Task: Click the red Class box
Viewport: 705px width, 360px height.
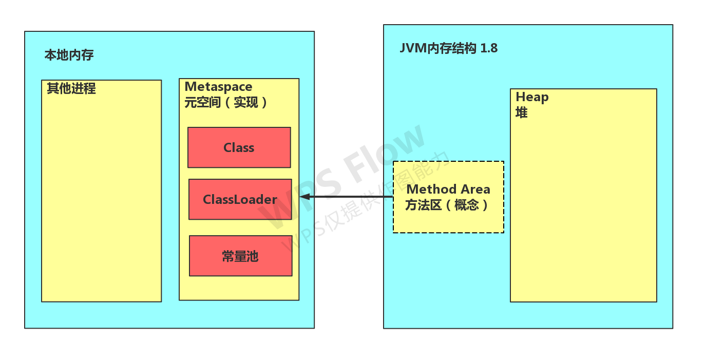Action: click(x=239, y=147)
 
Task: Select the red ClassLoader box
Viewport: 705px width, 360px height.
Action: click(x=240, y=199)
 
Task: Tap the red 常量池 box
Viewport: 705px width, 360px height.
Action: click(x=240, y=256)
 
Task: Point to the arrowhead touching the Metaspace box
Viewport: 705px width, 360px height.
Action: click(x=304, y=197)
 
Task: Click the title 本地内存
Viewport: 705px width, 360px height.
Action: click(x=69, y=55)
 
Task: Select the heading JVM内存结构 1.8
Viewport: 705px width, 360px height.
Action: click(x=448, y=48)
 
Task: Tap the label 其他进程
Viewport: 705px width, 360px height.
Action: click(x=71, y=88)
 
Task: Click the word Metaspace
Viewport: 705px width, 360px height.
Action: click(x=218, y=86)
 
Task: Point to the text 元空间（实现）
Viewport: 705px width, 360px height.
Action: click(x=226, y=102)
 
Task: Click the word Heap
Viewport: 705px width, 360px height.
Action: click(x=532, y=97)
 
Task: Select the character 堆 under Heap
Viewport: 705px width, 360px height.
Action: click(x=522, y=112)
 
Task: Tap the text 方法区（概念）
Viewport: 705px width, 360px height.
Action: click(x=448, y=205)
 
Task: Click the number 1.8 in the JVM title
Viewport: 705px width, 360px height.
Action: click(x=489, y=48)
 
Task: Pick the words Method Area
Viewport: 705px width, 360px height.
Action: click(x=448, y=189)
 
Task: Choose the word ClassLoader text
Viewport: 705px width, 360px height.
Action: click(x=240, y=199)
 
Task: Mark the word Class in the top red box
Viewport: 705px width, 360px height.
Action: click(x=239, y=147)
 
